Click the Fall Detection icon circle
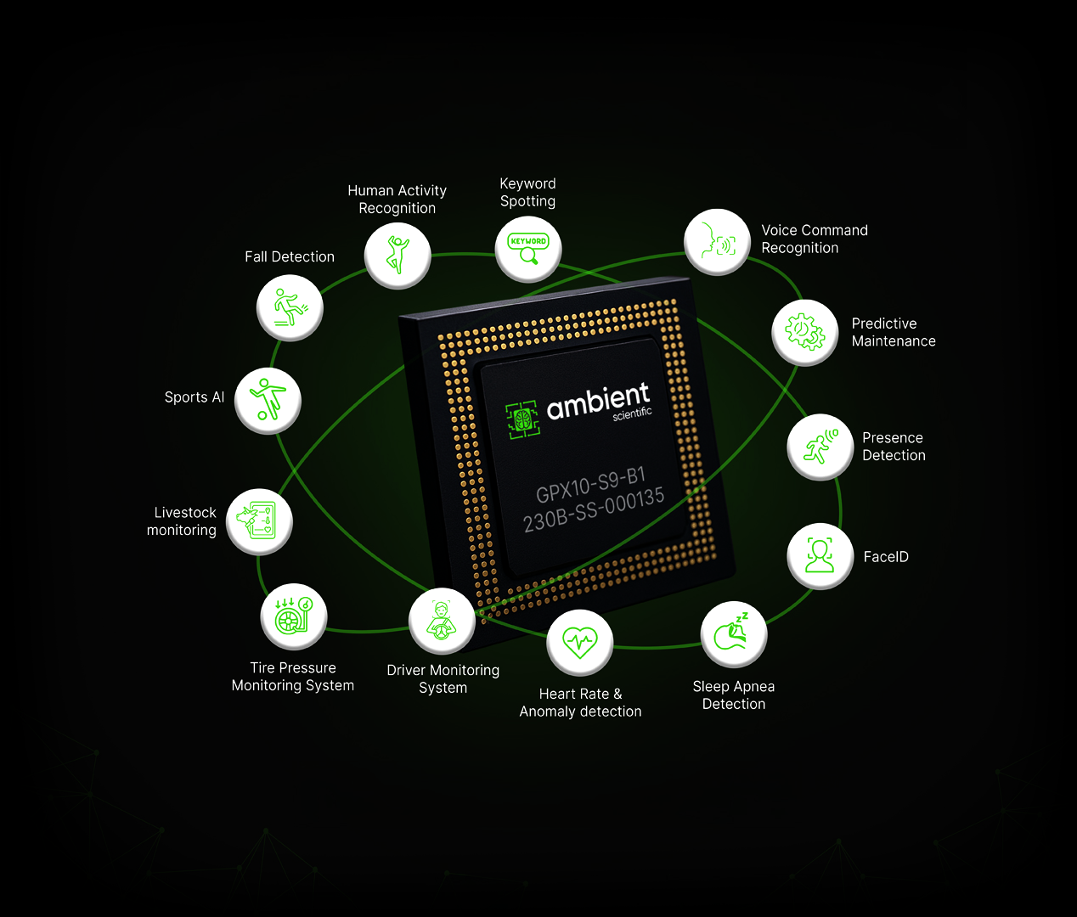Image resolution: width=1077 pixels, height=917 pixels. pos(290,307)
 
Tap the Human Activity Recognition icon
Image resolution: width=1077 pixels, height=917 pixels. pos(398,255)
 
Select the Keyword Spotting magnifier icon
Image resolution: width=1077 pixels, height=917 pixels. pos(528,249)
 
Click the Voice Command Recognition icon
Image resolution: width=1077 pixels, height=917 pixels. pos(717,242)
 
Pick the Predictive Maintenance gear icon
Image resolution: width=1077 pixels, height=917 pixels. pos(804,332)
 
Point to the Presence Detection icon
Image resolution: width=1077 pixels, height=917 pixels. pos(820,447)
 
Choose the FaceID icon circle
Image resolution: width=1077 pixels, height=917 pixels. pos(820,555)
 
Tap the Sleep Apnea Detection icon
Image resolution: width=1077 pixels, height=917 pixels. pos(733,634)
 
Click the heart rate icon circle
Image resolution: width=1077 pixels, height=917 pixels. pos(579,642)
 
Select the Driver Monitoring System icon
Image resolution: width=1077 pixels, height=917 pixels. pos(441,621)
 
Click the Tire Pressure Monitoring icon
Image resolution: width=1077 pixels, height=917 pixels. pos(293,616)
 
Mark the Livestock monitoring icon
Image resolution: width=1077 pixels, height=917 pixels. pos(259,521)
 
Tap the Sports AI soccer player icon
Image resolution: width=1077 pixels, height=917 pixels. pos(268,400)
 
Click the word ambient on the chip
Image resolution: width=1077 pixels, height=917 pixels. pos(598,402)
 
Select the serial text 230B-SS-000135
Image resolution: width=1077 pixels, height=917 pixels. pos(594,510)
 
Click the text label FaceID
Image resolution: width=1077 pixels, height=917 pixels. pos(886,557)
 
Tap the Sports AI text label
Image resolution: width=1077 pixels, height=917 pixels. pos(195,397)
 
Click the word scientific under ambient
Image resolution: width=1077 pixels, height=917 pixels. pos(632,414)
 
